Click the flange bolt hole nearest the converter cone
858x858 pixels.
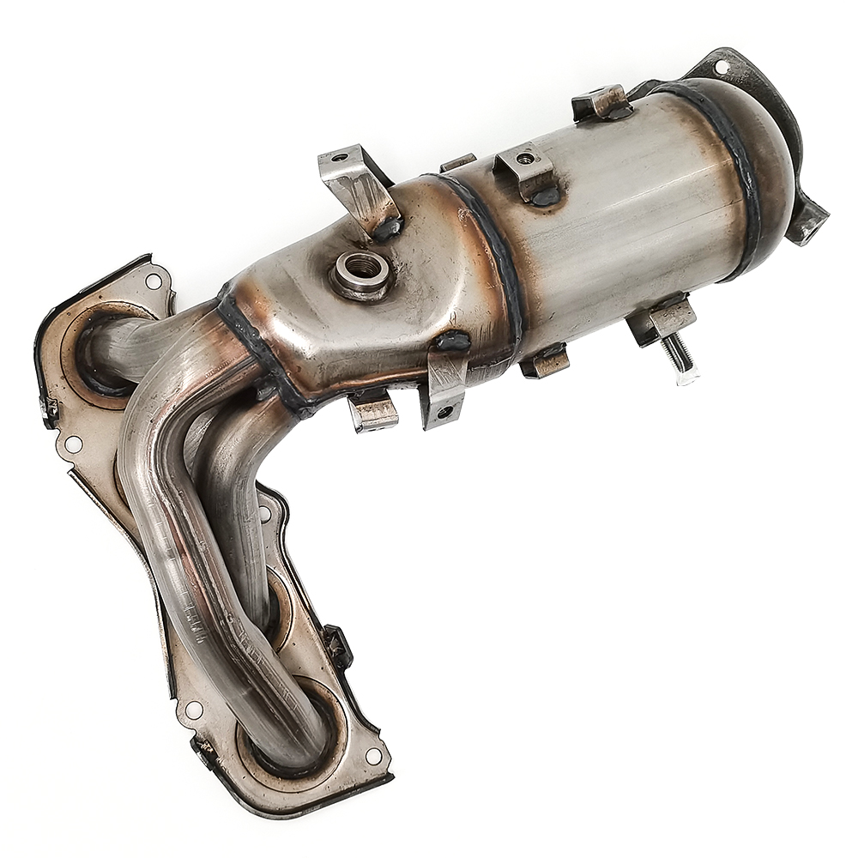click(x=154, y=281)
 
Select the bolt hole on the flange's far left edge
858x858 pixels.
click(x=74, y=444)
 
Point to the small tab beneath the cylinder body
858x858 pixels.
click(x=544, y=360)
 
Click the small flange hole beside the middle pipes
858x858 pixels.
click(x=264, y=513)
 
